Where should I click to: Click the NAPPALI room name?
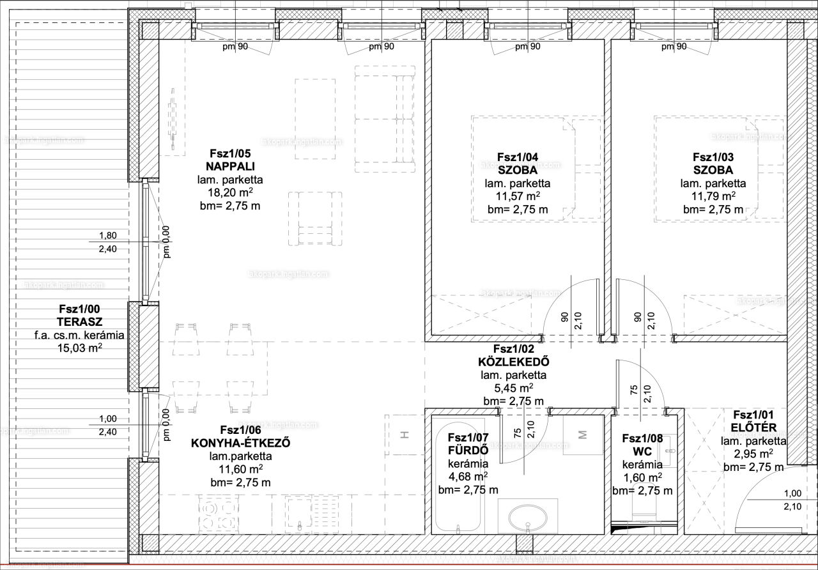click(230, 167)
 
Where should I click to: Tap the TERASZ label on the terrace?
click(80, 322)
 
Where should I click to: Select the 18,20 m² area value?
click(230, 192)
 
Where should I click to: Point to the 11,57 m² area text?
click(518, 196)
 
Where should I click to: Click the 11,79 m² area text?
click(713, 196)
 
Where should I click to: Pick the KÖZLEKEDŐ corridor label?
click(513, 362)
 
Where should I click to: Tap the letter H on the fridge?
click(405, 435)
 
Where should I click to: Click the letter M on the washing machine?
click(582, 435)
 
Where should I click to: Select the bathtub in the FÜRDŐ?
click(458, 478)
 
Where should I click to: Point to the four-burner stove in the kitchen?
click(219, 515)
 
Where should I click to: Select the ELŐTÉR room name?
click(753, 427)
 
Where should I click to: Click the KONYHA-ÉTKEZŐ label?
click(241, 443)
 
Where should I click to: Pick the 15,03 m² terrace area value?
click(80, 348)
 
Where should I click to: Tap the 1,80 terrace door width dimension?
click(108, 236)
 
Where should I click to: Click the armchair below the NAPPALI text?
click(315, 219)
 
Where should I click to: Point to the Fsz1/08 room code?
click(642, 438)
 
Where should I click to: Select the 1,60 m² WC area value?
click(642, 477)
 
